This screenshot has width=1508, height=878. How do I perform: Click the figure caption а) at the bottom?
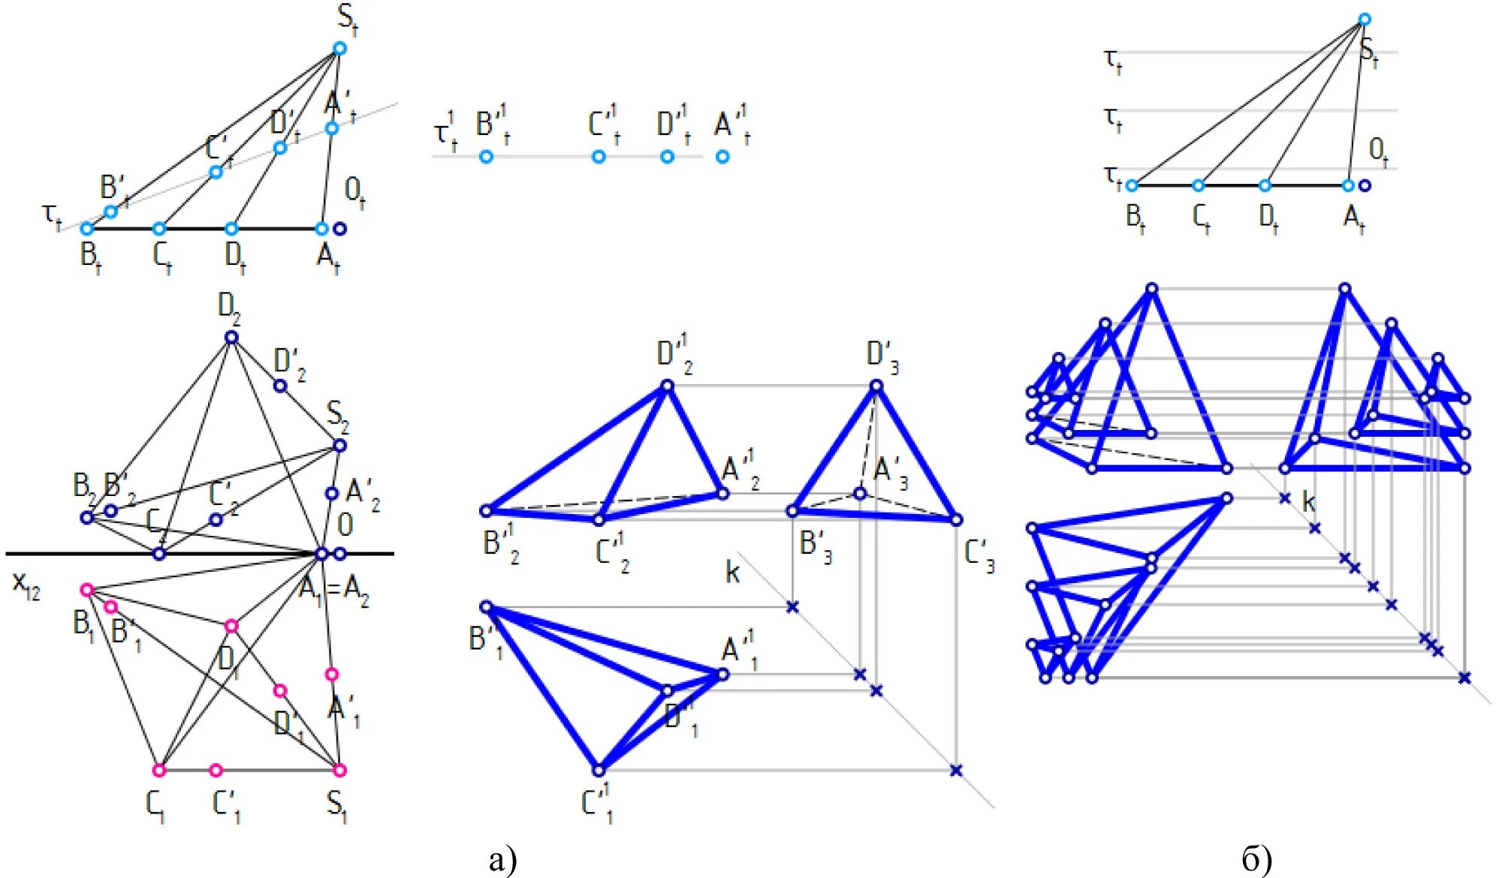(502, 859)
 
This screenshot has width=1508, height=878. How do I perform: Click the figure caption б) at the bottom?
(1256, 859)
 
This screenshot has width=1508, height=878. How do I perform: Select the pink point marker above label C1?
(158, 770)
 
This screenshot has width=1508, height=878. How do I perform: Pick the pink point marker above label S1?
(339, 770)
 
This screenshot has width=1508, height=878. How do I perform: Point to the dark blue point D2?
(231, 338)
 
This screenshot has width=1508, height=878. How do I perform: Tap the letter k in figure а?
(732, 573)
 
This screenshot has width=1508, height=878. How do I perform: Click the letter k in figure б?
(1308, 501)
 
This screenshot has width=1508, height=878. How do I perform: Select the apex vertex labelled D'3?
(876, 386)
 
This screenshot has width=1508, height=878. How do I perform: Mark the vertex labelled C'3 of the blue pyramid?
(955, 519)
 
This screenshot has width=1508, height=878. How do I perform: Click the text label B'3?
(815, 546)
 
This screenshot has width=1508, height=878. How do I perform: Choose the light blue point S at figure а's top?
(339, 49)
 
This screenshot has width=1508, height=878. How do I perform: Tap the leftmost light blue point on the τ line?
(486, 157)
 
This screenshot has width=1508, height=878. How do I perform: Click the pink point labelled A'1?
(332, 675)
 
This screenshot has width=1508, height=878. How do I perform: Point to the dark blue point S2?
(339, 446)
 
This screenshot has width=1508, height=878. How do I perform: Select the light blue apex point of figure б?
(1365, 20)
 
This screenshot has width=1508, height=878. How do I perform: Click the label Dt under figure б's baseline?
(1268, 218)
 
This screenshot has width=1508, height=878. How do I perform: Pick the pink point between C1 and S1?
(216, 770)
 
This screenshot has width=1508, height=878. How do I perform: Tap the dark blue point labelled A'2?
(332, 494)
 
